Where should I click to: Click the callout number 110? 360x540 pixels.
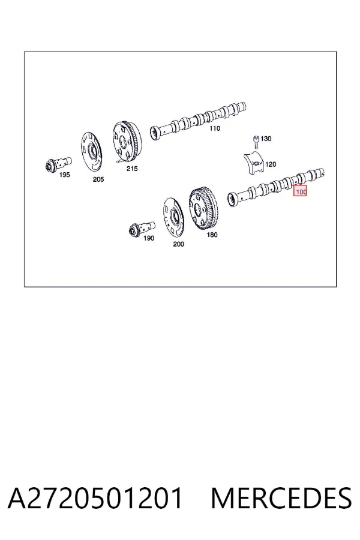coord(215,128)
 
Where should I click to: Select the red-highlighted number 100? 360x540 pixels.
coord(300,191)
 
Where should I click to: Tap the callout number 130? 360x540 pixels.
coord(266,139)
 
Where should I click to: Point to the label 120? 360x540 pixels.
coord(271,164)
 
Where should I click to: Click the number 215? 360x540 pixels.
coord(132,169)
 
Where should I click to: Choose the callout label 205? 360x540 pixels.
coord(98,179)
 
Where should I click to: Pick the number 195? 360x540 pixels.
coord(64,175)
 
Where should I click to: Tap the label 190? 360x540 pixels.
coord(149,238)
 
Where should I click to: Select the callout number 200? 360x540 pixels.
coord(178,244)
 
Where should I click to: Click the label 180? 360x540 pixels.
coord(212,235)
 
